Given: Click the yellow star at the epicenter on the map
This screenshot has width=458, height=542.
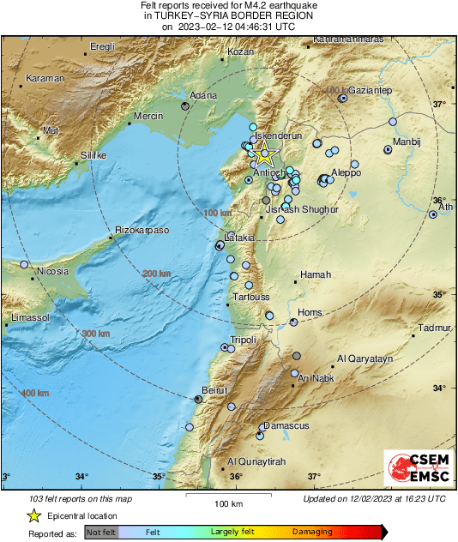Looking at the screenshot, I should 266,157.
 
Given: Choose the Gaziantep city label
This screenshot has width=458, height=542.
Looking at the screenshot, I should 370,90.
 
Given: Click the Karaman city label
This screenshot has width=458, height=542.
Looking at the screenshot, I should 45,78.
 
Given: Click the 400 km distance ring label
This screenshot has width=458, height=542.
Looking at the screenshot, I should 34,393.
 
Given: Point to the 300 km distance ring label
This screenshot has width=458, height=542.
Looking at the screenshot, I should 95,333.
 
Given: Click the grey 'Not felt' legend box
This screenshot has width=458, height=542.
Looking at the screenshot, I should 101,532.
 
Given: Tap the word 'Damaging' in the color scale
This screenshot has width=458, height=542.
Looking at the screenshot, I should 312,532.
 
